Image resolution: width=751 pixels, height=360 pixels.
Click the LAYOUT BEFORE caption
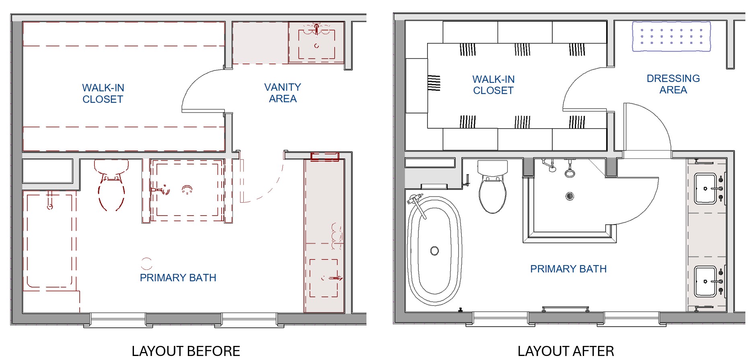(x=186, y=351)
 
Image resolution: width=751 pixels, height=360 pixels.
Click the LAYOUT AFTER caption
(x=566, y=351)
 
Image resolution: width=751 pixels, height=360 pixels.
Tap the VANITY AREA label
(x=283, y=93)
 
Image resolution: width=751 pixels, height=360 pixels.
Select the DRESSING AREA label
(x=673, y=84)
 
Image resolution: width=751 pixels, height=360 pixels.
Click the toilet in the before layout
(x=111, y=185)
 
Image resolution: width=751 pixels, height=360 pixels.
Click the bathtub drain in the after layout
(x=434, y=251)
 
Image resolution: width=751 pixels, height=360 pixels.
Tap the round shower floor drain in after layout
(x=570, y=196)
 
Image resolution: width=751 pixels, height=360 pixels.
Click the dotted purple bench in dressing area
(x=671, y=36)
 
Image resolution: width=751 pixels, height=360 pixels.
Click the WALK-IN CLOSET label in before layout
(x=103, y=93)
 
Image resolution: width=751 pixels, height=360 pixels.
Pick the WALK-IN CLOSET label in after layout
(x=493, y=85)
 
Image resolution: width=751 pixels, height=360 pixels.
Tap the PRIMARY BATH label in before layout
(x=178, y=278)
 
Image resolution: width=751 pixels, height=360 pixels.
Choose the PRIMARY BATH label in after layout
(x=568, y=269)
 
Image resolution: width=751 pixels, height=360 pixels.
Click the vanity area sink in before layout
(x=317, y=45)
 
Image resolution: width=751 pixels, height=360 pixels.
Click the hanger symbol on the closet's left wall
(x=434, y=83)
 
